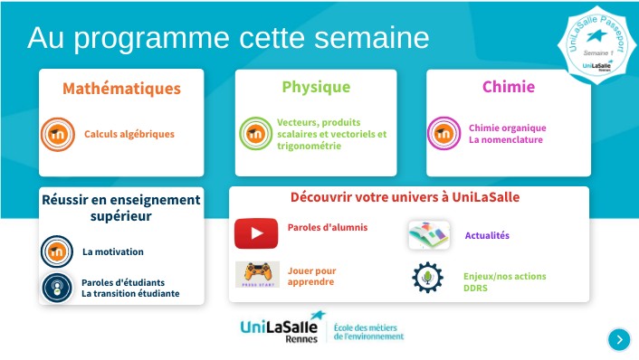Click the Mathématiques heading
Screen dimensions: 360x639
pos(121,89)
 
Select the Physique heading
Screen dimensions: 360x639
pos(316,87)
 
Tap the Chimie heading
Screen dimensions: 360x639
pos(508,87)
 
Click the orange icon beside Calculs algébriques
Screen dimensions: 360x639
pos(58,135)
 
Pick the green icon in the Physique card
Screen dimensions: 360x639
pos(256,134)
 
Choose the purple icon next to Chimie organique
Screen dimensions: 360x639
pos(444,134)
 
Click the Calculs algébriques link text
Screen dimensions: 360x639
pos(129,134)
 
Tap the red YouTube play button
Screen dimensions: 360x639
pos(256,233)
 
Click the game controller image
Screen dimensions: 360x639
pos(257,274)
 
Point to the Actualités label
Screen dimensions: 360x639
pos(487,236)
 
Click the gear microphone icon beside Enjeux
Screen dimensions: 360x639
pos(427,276)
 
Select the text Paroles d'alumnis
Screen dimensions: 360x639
pos(328,228)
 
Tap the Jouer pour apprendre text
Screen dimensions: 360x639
pos(312,276)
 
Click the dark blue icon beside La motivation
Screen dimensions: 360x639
pos(57,251)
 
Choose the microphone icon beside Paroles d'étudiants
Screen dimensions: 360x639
pos(57,288)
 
